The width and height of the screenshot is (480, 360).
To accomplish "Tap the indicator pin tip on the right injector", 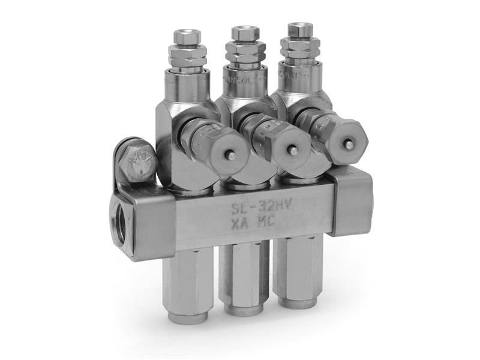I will click(x=350, y=144).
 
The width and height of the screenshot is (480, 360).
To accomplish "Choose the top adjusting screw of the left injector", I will click(x=183, y=35).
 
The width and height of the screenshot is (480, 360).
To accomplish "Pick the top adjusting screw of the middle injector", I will click(x=245, y=33).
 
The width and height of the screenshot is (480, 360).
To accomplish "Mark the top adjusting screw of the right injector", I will click(x=300, y=29).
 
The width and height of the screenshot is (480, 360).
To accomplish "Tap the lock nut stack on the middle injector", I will click(x=245, y=54).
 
